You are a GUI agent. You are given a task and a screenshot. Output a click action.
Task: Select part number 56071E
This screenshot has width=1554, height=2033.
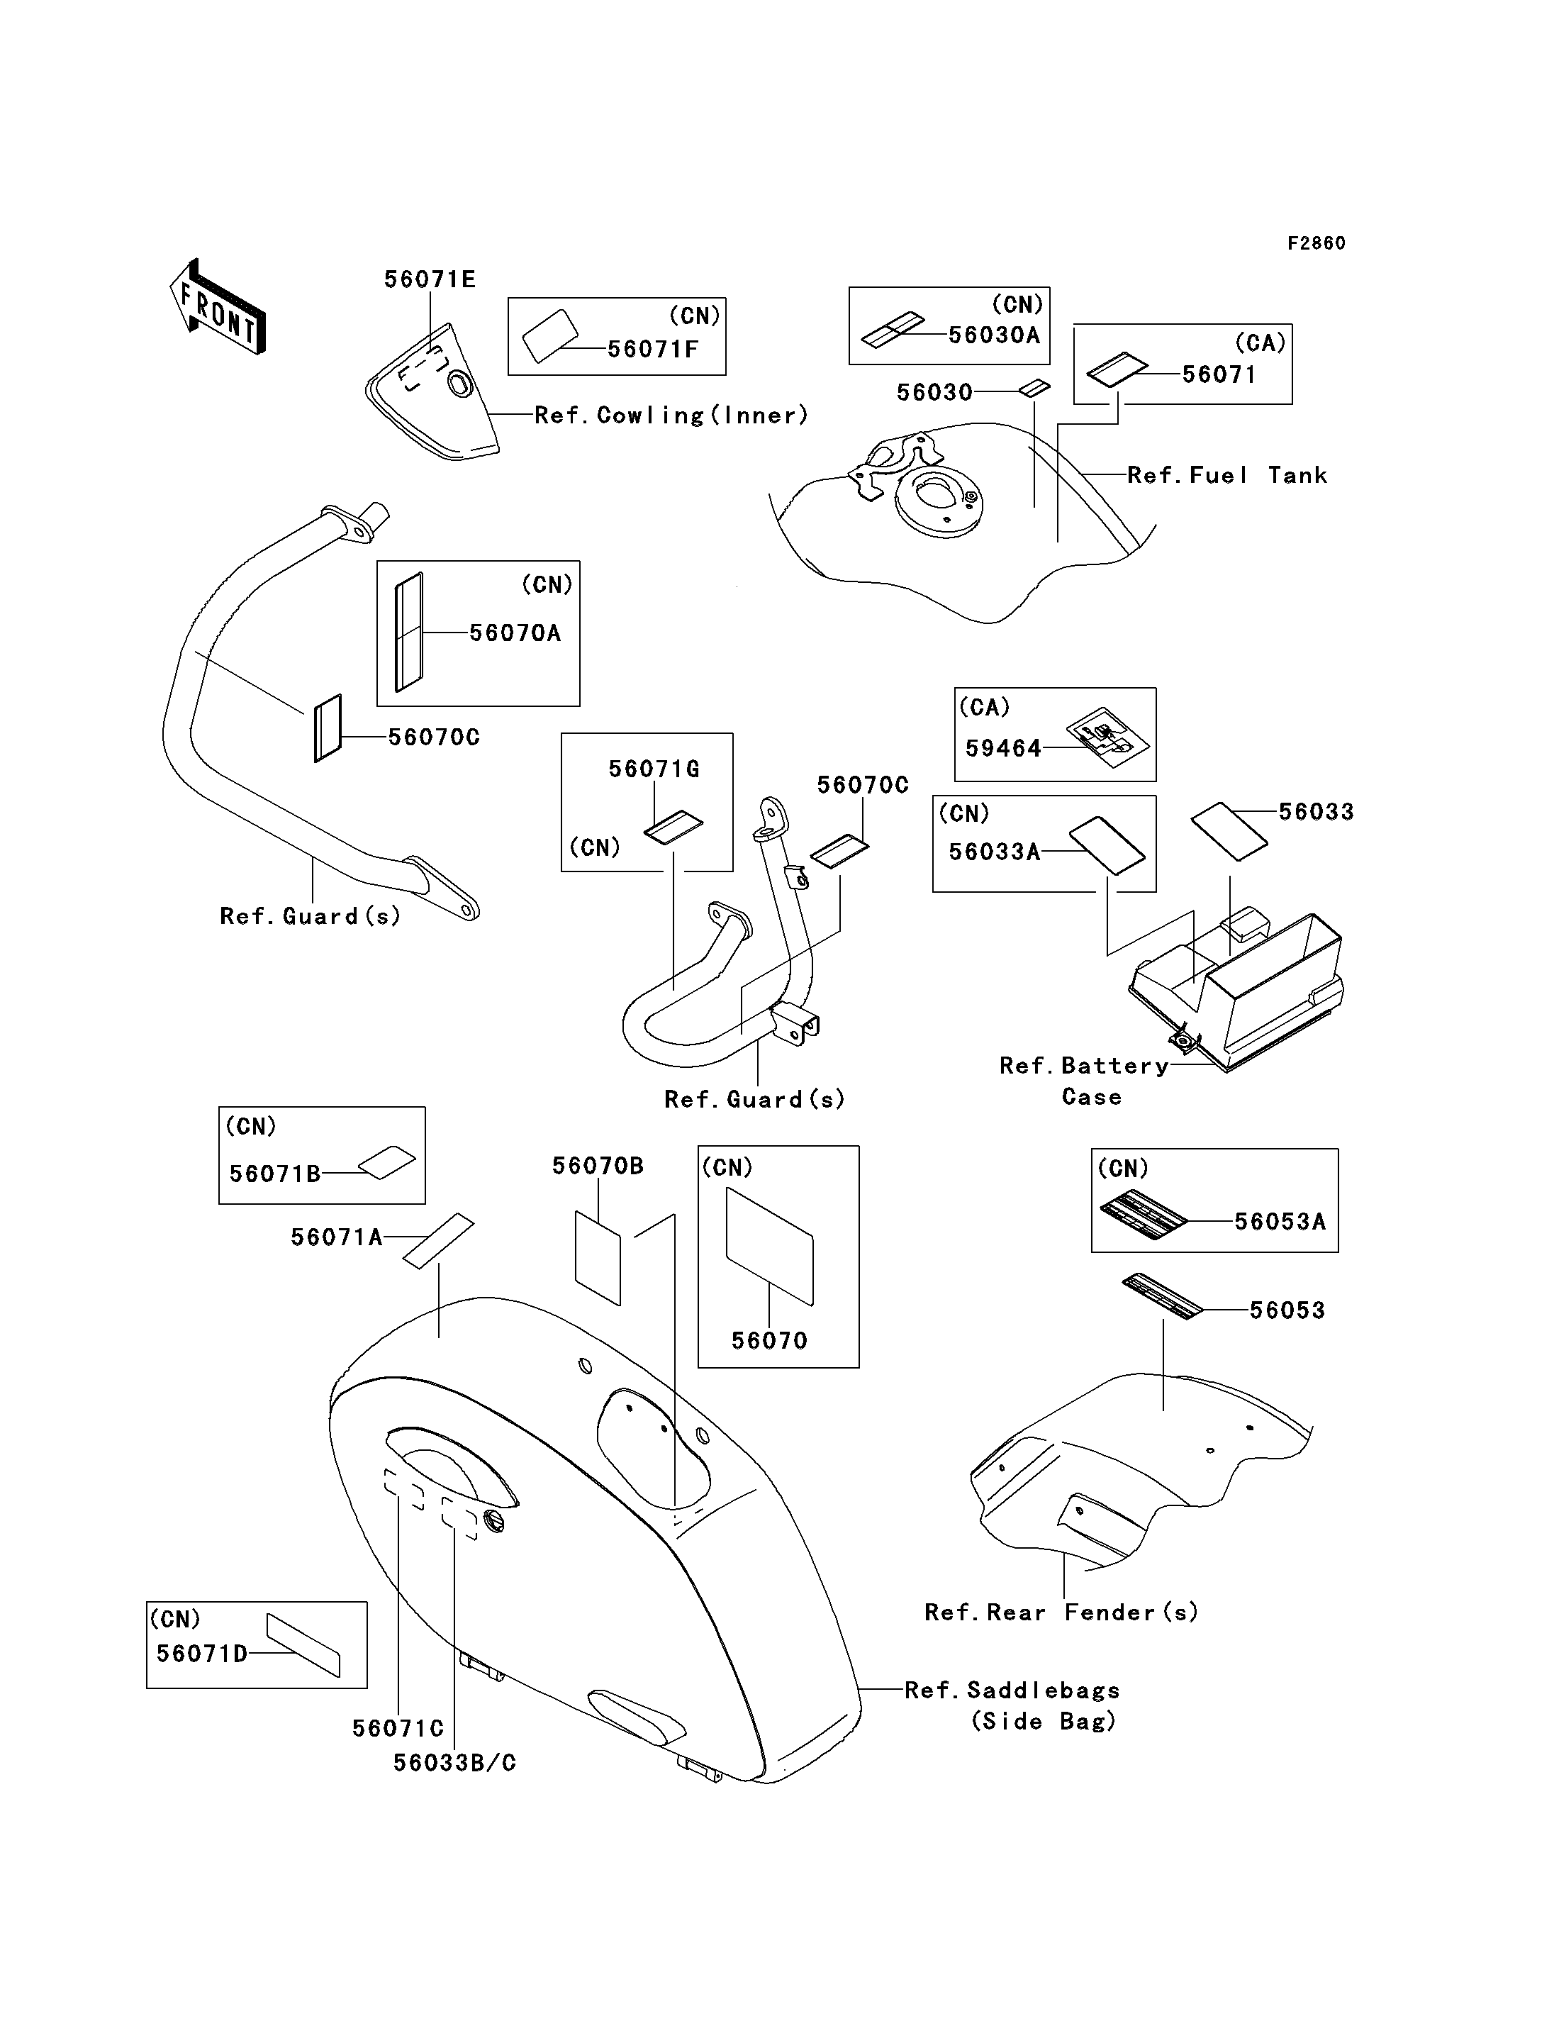tap(430, 279)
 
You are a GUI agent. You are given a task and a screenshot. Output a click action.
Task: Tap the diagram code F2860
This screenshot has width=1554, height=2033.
tap(1317, 243)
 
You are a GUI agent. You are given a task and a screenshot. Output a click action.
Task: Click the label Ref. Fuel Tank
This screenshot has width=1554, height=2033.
tap(1227, 476)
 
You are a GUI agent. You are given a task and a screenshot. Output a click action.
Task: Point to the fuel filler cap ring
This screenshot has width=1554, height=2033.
tap(938, 500)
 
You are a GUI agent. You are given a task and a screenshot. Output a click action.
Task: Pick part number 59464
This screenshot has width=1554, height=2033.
tap(1004, 749)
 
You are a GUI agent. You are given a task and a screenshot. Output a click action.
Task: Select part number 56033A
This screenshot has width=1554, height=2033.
tap(995, 852)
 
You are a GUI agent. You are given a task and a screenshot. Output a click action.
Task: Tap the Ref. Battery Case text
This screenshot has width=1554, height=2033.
tap(1084, 1081)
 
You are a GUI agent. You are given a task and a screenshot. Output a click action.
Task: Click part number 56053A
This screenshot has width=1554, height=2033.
tap(1280, 1222)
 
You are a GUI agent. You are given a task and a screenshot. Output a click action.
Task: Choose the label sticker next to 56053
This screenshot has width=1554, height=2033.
tap(1163, 1296)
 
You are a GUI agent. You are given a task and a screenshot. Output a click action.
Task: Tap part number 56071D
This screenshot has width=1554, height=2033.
tap(201, 1654)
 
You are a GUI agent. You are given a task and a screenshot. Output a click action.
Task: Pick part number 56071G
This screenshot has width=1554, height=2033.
tap(654, 769)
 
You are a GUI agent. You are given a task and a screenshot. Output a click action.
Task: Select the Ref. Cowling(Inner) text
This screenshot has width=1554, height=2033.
tap(671, 416)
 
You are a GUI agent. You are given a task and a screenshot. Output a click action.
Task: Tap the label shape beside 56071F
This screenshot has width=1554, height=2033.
tap(550, 335)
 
